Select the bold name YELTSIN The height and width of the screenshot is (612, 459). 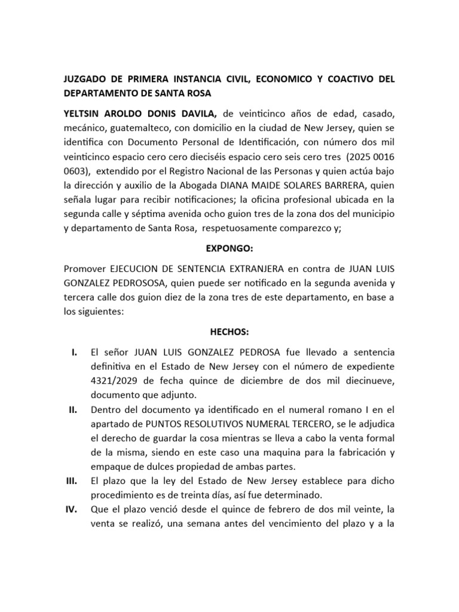click(84, 114)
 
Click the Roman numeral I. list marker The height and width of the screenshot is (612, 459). click(74, 353)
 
